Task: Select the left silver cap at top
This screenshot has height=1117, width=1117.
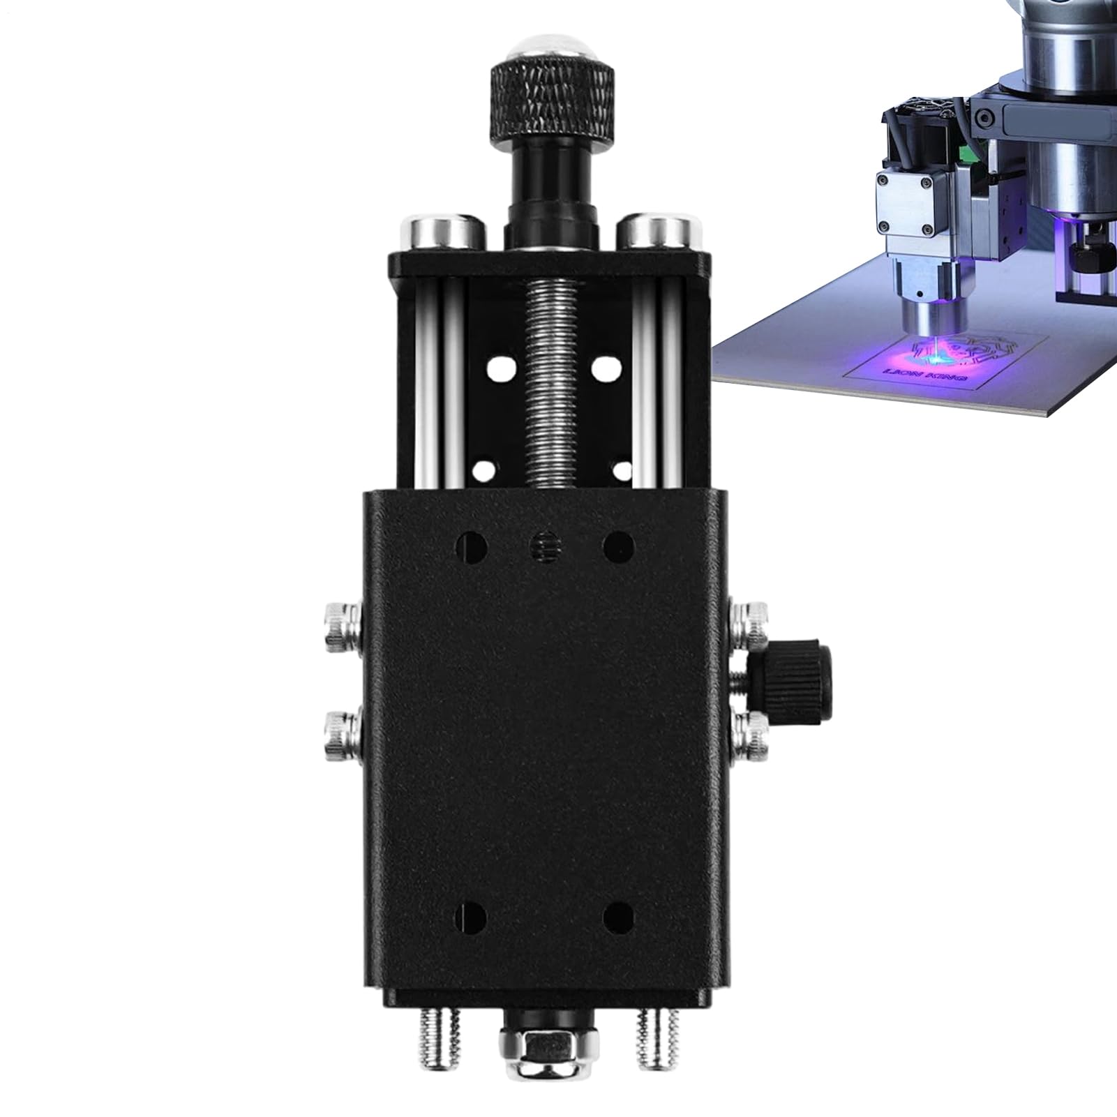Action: [x=442, y=230]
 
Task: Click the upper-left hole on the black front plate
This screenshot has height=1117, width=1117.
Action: [x=472, y=545]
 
